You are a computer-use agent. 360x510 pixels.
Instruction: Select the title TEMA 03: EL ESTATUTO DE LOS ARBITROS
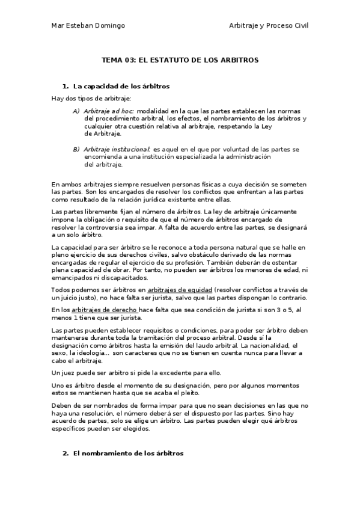[x=180, y=61]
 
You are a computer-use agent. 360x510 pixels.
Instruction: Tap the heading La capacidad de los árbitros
[x=121, y=87]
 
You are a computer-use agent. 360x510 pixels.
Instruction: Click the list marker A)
[x=76, y=111]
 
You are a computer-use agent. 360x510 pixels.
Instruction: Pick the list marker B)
[x=76, y=149]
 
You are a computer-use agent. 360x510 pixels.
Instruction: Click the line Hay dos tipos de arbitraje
[x=91, y=98]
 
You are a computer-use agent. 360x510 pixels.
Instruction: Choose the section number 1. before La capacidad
[x=66, y=87]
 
